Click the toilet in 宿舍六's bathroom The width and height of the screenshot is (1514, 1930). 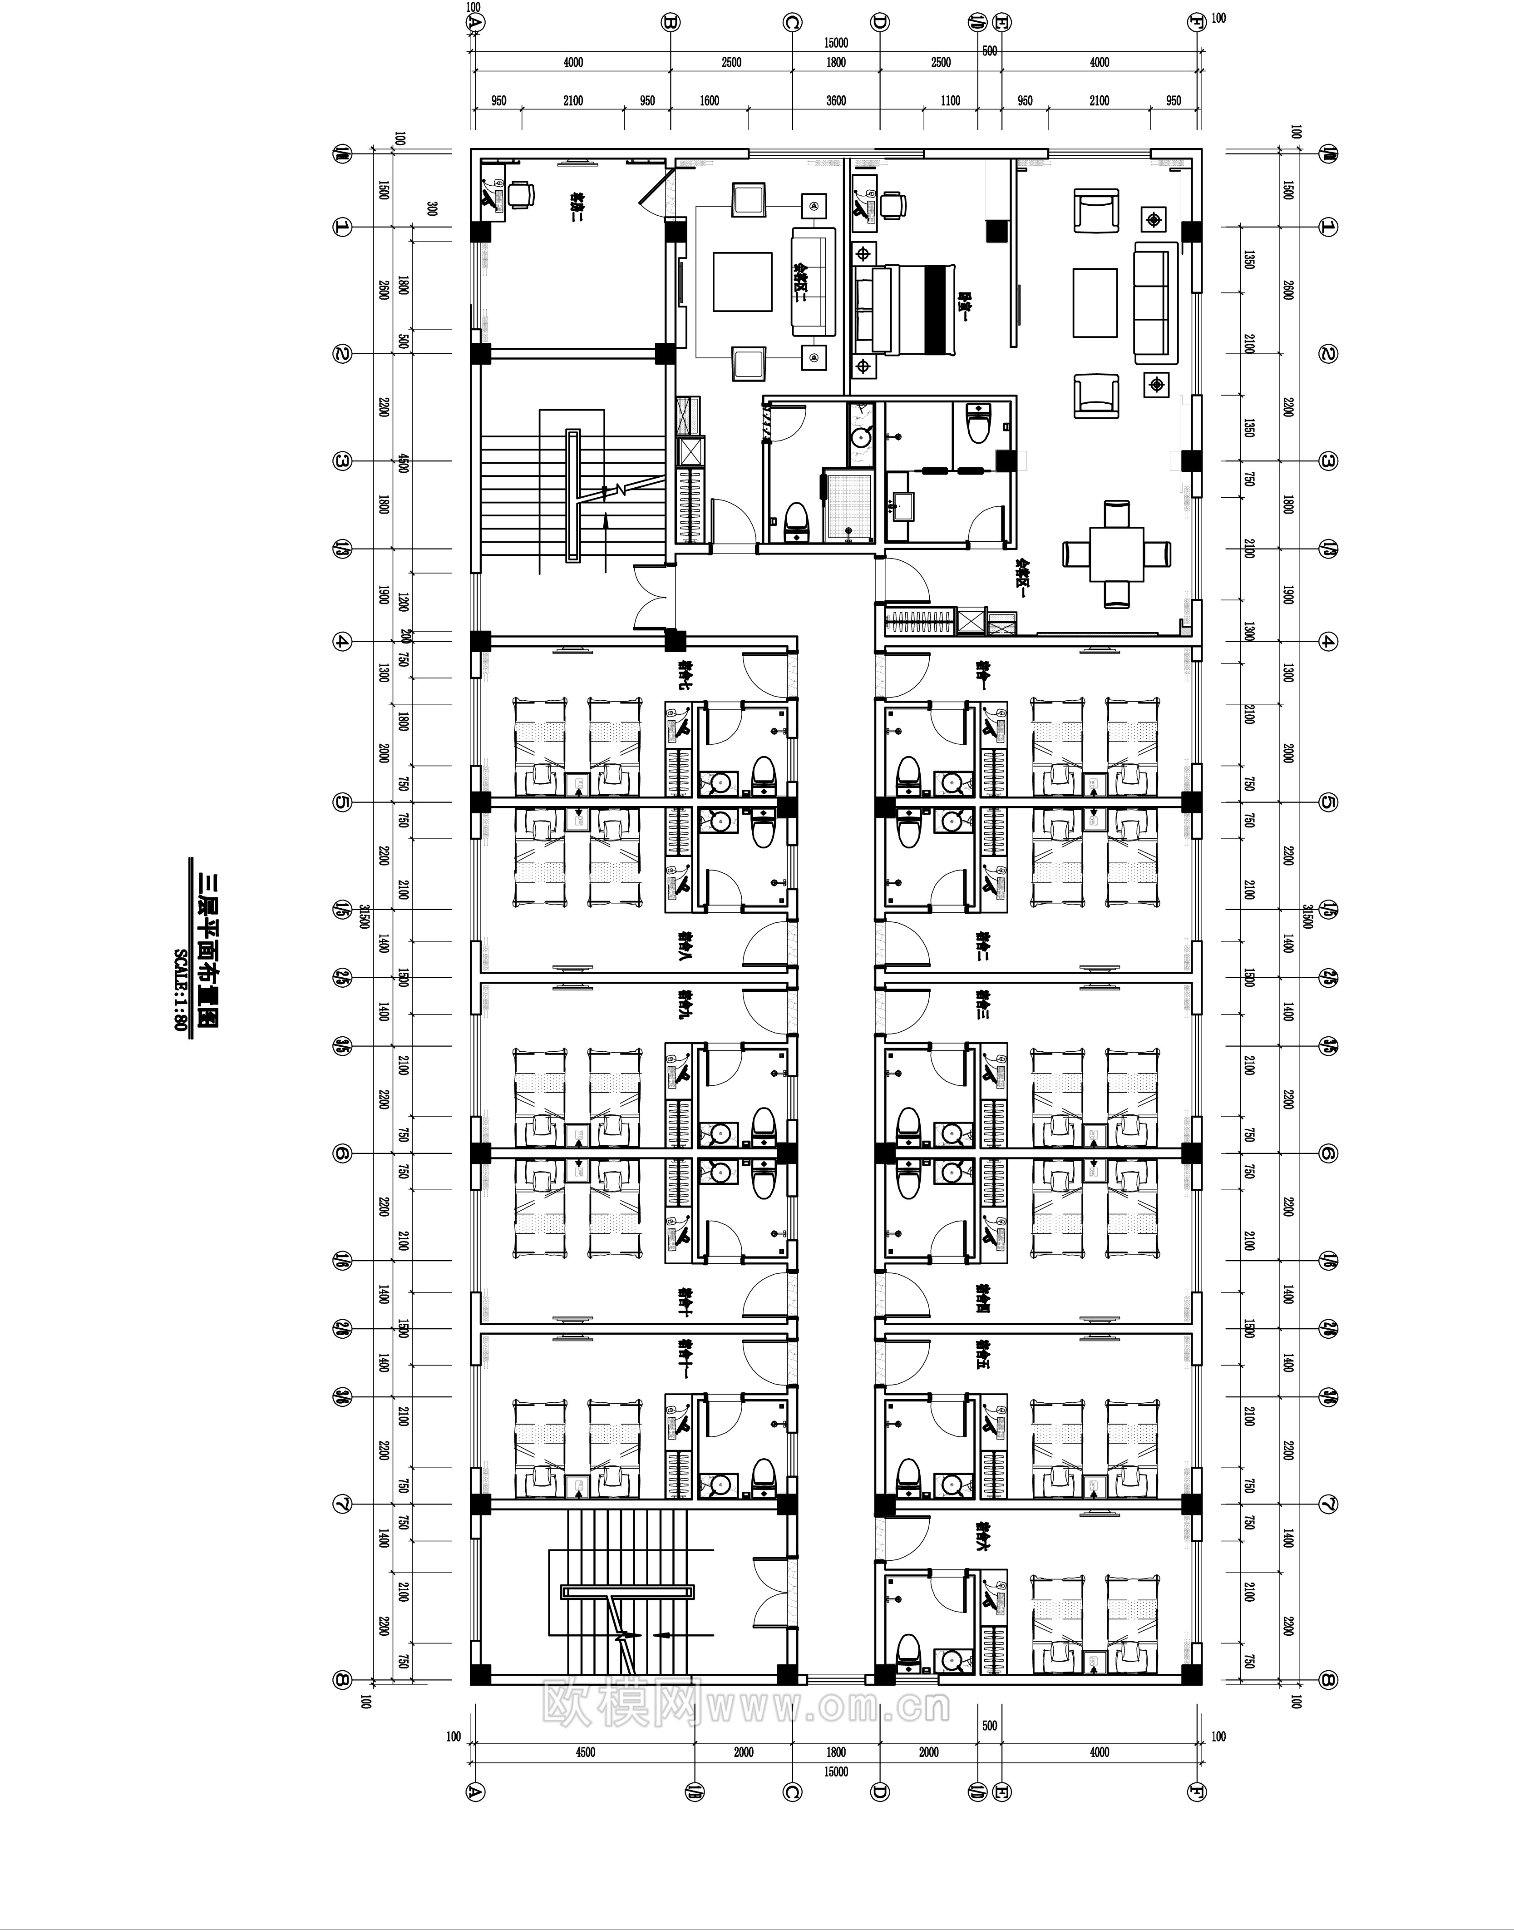pos(908,1649)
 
